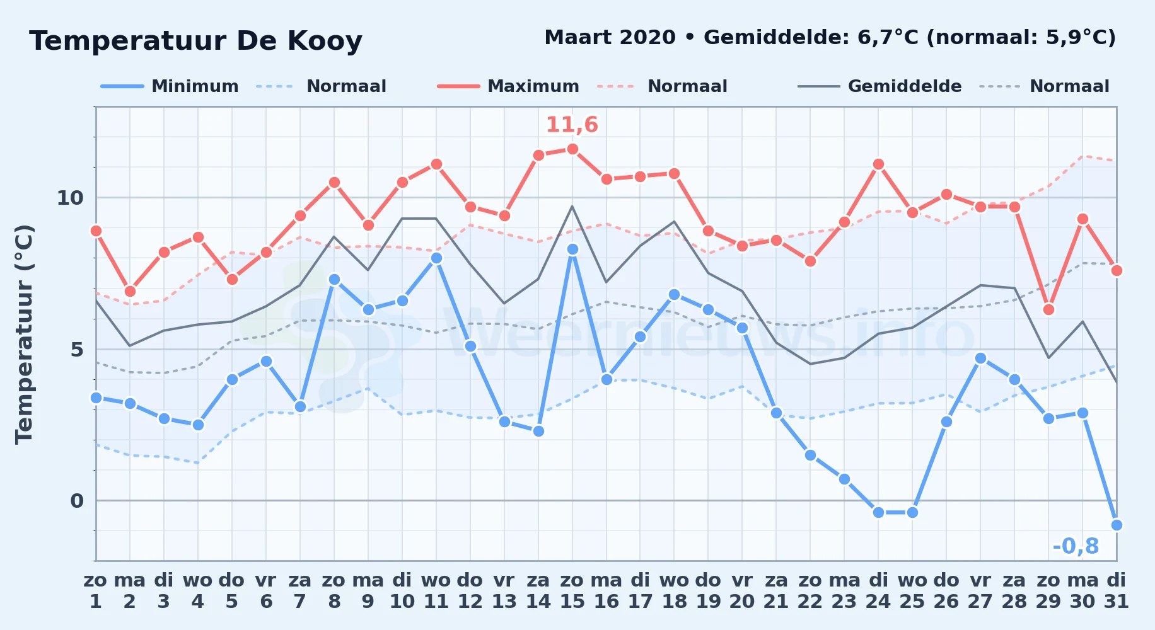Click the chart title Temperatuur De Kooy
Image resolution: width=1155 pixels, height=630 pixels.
pos(195,41)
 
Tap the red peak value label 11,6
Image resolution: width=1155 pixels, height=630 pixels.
pos(572,125)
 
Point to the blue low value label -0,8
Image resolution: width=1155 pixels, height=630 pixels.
pos(1076,546)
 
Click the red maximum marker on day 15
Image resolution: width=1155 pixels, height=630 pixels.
pos(572,149)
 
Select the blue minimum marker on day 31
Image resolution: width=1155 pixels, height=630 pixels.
pos(1117,525)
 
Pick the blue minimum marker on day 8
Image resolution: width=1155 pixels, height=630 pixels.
pos(334,279)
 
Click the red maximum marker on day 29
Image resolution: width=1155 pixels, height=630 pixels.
pos(1048,309)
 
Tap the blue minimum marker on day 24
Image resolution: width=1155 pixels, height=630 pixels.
pos(878,512)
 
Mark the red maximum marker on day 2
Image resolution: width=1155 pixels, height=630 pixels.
pos(130,291)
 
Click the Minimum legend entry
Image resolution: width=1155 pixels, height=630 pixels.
pos(170,86)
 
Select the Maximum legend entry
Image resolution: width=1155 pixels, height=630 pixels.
pos(508,86)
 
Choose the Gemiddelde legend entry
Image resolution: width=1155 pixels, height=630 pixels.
pos(879,86)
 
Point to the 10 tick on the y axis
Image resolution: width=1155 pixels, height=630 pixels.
pos(70,198)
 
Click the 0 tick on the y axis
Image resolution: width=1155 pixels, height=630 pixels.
pos(77,501)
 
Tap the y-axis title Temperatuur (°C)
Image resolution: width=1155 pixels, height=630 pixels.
pos(24,334)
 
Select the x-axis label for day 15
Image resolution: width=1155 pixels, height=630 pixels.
pos(572,591)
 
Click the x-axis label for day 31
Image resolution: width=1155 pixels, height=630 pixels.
pos(1117,591)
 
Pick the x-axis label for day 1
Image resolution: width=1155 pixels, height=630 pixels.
pos(96,591)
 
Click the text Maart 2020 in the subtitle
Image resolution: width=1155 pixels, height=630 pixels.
pos(610,37)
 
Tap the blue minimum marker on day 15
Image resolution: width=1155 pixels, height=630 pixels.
pos(572,249)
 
